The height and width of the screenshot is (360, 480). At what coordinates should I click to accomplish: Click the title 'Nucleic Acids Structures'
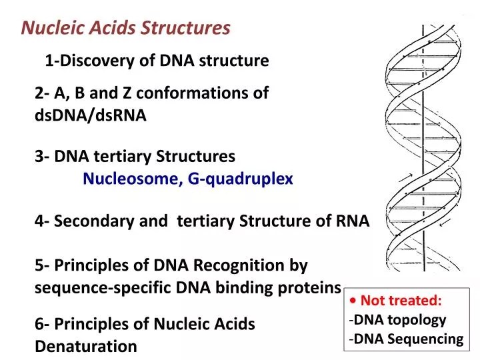tap(126, 28)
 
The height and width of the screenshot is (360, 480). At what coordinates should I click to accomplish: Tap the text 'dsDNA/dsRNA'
tap(90, 115)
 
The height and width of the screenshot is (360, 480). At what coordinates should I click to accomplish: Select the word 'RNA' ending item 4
tap(353, 221)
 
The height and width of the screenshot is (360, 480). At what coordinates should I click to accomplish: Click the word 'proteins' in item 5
tap(311, 288)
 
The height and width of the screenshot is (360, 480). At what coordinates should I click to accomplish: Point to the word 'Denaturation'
tap(86, 347)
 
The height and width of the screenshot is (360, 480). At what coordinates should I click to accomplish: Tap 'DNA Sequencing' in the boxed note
tap(408, 339)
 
